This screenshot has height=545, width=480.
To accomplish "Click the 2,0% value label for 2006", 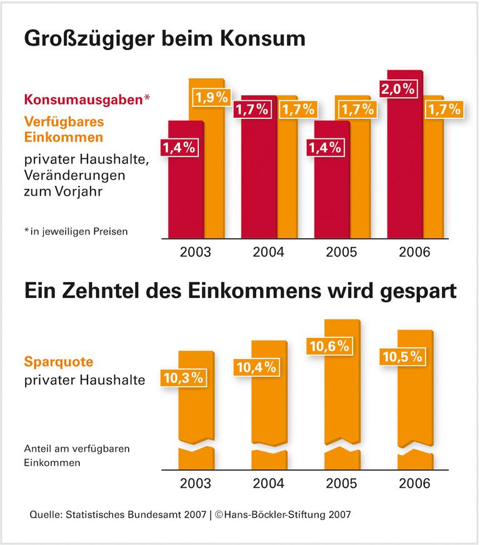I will [x=399, y=89].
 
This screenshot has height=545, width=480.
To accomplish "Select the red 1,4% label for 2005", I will [x=325, y=148].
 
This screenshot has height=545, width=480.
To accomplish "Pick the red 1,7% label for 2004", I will [x=251, y=110].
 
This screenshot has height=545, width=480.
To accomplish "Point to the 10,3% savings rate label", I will [x=183, y=377].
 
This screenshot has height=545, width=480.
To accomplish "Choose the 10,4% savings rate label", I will [x=256, y=367].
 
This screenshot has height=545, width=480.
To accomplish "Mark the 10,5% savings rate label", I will [x=402, y=357].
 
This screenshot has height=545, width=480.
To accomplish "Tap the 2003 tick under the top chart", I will [x=195, y=253].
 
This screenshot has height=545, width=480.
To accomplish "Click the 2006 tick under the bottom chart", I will [x=414, y=484].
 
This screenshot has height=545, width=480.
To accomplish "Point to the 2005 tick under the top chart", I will [x=341, y=253].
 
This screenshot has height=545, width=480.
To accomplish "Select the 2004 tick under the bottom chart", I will [x=268, y=484].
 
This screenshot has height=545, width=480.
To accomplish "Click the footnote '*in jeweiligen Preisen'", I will [x=76, y=232].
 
